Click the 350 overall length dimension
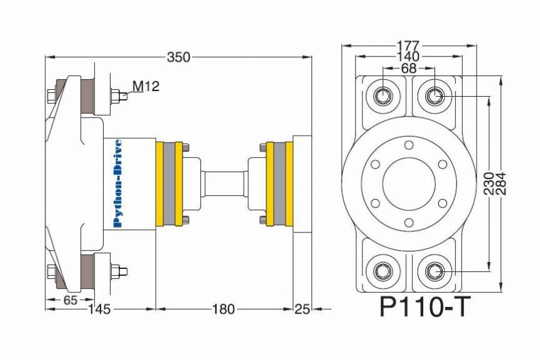click(x=178, y=57)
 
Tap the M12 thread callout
click(x=146, y=86)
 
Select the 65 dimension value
click(x=70, y=300)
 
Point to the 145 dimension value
click(x=99, y=309)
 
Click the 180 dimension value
click(x=223, y=309)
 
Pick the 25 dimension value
click(x=302, y=309)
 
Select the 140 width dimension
click(x=408, y=56)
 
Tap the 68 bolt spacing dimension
click(x=409, y=68)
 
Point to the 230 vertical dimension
click(x=490, y=183)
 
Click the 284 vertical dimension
click(x=501, y=183)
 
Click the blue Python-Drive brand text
click(x=118, y=183)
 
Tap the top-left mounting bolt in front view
click(x=382, y=95)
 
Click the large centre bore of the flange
click(x=409, y=184)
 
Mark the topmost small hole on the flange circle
click(x=409, y=145)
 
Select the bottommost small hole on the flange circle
click(x=409, y=223)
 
